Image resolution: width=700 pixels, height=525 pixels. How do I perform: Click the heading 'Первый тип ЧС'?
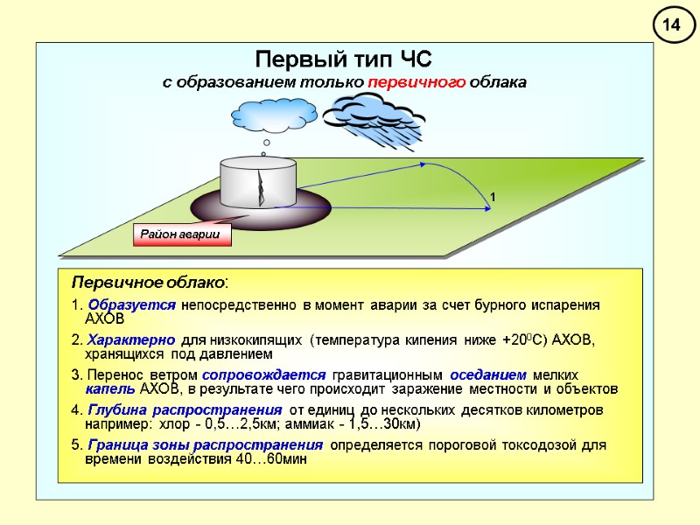coord(344,59)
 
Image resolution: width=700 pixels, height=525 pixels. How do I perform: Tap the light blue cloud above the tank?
coord(274,115)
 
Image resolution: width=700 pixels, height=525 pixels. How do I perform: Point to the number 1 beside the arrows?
coord(493,199)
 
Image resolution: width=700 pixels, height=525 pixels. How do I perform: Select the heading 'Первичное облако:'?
coord(150,283)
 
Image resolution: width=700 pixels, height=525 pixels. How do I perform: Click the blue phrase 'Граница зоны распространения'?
coord(206,445)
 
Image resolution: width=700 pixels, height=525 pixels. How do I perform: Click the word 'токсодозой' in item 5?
coord(547,445)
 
